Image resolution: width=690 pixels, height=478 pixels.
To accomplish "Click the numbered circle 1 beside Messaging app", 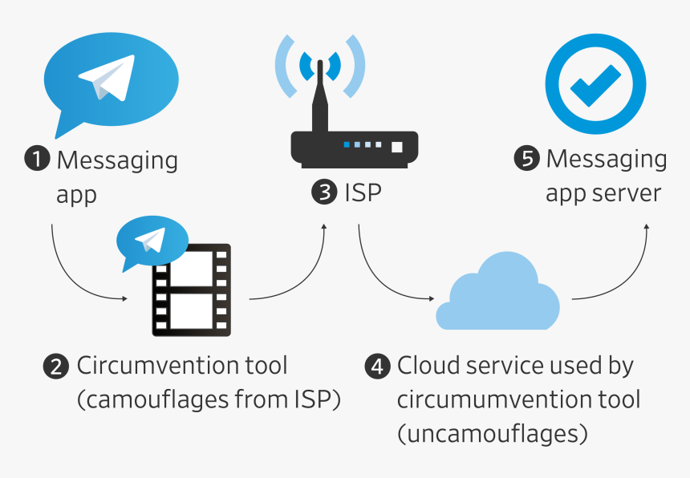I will tap(37, 160).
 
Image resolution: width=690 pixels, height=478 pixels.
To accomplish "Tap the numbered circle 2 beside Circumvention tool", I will tap(55, 367).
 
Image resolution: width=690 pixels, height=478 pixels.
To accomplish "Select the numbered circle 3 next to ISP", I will tap(324, 193).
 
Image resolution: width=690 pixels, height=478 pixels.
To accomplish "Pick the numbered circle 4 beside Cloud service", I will tap(377, 367).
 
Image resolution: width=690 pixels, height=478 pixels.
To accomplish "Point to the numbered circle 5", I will tap(526, 159).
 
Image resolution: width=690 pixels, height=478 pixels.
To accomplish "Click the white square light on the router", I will tap(396, 147).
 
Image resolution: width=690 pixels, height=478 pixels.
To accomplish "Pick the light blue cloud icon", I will tap(497, 294).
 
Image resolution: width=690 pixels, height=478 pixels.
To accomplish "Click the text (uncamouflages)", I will tap(493, 434).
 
